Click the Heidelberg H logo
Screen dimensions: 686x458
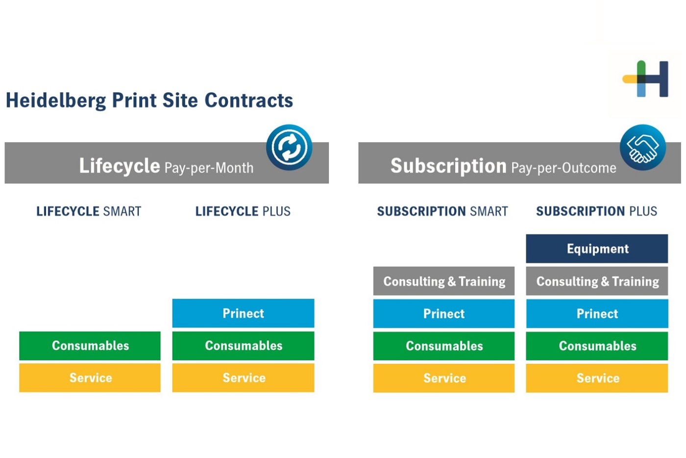646,79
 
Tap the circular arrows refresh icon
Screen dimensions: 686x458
289,148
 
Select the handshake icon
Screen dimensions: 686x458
643,148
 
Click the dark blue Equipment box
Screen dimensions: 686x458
597,249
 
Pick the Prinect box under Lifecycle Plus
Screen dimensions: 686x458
243,313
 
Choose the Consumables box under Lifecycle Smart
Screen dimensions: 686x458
90,346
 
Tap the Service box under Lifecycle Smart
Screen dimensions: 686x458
90,378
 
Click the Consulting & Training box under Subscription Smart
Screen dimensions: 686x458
444,281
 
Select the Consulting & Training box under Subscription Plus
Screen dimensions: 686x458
597,281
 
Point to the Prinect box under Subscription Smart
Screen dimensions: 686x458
444,314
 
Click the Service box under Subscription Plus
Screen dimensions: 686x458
597,378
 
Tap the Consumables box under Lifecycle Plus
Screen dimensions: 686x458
243,346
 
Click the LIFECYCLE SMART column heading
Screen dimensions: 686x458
89,211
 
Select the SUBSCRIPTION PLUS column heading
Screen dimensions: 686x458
597,211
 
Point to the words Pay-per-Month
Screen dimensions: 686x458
209,168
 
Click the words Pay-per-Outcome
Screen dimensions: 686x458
563,168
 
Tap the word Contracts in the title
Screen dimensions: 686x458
249,100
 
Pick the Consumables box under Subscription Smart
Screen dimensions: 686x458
444,346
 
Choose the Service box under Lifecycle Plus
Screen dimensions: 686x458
243,378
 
